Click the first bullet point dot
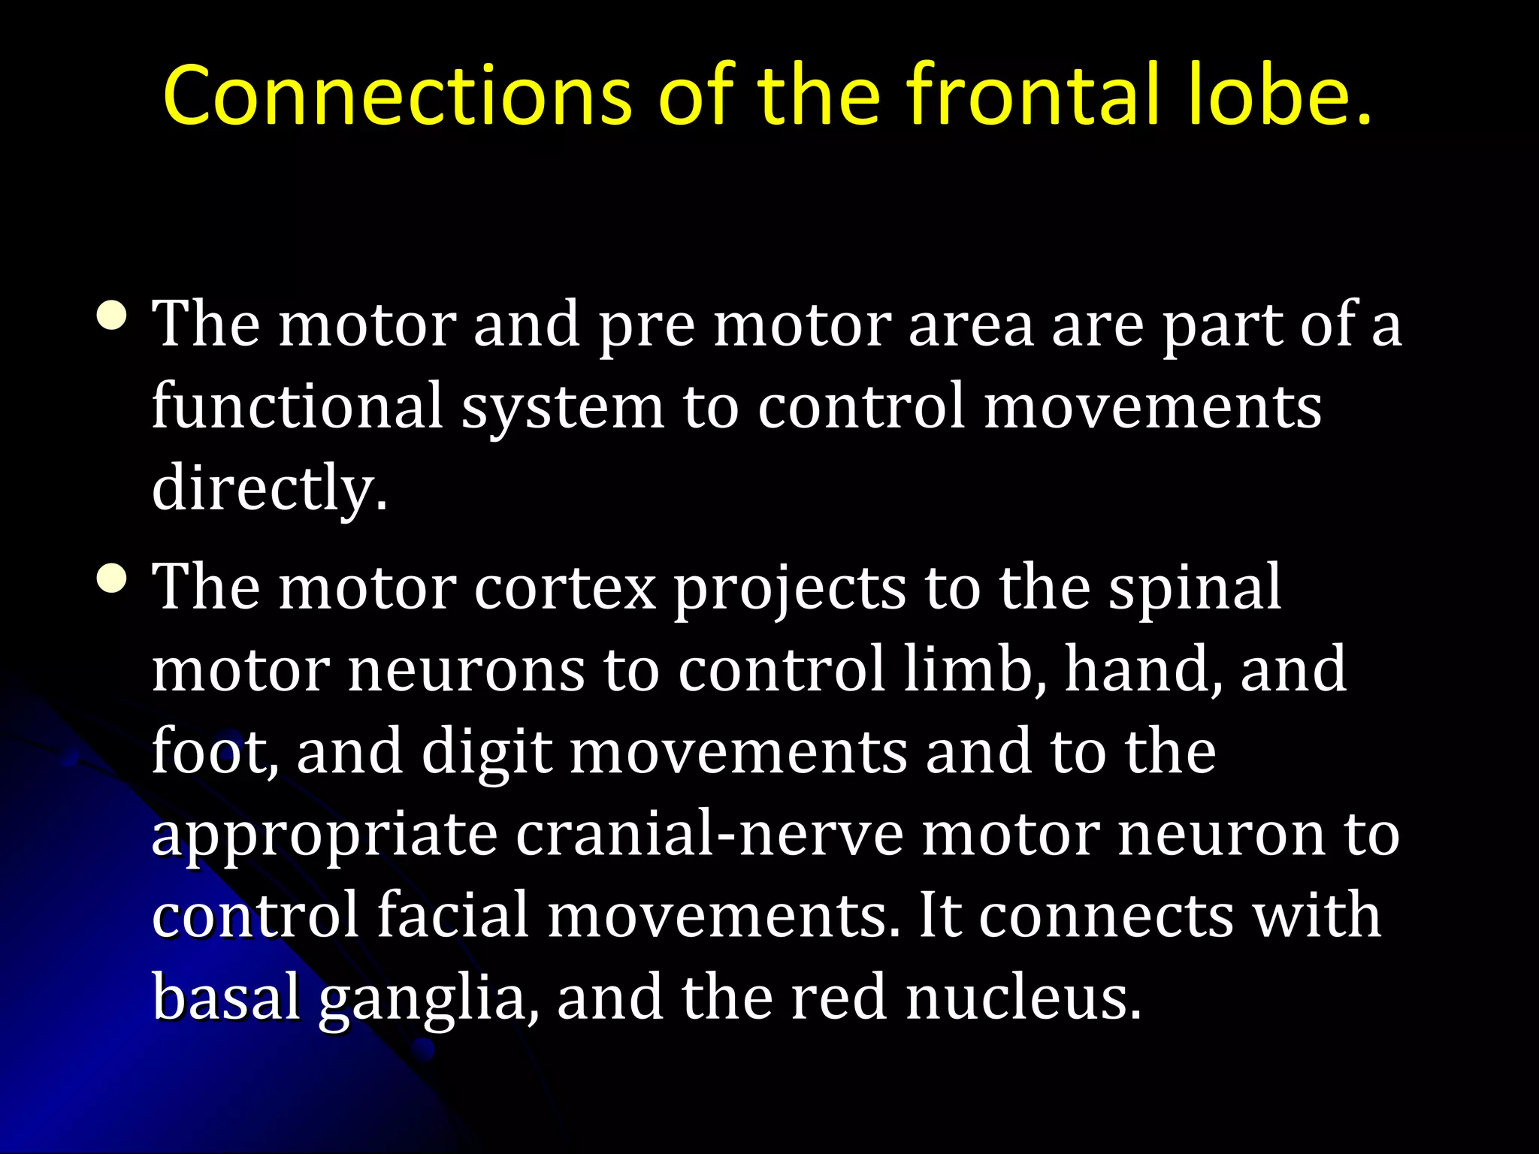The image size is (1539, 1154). (x=112, y=316)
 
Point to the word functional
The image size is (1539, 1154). (x=297, y=406)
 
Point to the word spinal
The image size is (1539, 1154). (x=1195, y=588)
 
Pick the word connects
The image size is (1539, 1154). (x=1105, y=917)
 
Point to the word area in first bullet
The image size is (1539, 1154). (x=970, y=325)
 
